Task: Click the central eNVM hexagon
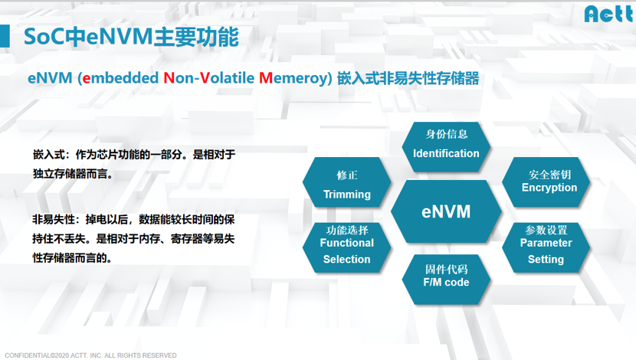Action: [446, 211]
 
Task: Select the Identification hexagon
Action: [446, 147]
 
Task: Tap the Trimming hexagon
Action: [347, 182]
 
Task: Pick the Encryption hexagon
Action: [546, 182]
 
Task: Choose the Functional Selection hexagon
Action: [347, 247]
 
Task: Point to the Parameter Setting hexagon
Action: [546, 247]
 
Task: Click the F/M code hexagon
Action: [446, 280]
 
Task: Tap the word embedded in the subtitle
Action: [120, 78]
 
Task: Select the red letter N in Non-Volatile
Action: [169, 78]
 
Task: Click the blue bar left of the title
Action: [5, 36]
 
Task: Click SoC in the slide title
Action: [44, 37]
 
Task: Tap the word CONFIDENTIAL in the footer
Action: [27, 355]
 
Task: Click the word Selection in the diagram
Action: [347, 259]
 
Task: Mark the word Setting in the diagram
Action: [546, 260]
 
